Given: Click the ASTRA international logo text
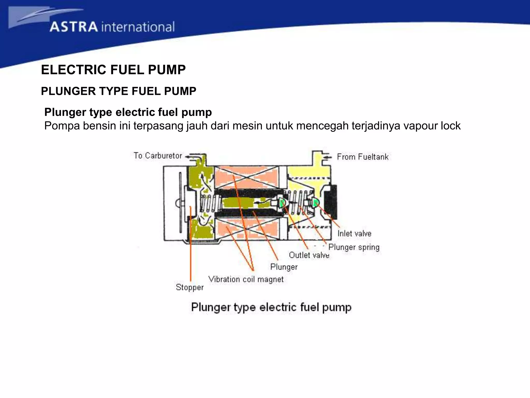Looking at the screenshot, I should (112, 27).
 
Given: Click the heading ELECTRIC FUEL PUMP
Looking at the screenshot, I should (113, 70).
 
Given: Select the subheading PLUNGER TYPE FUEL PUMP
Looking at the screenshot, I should (119, 91).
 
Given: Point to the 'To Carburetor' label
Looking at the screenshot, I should (158, 155).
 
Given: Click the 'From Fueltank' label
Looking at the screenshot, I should (363, 157).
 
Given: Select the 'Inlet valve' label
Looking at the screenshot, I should (354, 233).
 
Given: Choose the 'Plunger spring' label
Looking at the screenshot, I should (354, 247).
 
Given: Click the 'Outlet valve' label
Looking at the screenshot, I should (309, 255).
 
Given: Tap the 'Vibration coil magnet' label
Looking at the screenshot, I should (246, 279).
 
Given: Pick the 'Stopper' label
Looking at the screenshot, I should (190, 287).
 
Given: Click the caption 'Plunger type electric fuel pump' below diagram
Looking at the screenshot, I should (271, 307).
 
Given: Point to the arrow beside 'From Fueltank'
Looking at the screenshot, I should (328, 157).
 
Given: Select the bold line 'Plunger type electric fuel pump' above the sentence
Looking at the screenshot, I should (128, 112).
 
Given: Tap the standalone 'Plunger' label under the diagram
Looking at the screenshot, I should (284, 267).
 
